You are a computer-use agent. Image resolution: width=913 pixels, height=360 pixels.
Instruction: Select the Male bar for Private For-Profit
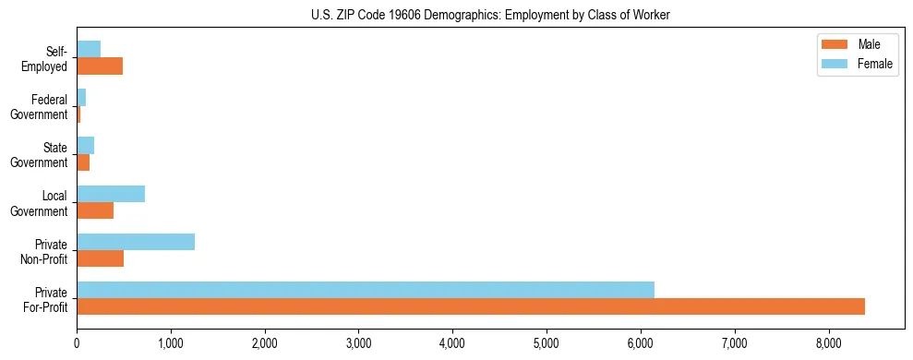click(x=471, y=306)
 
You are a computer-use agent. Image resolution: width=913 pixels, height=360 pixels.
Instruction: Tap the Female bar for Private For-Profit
click(x=366, y=289)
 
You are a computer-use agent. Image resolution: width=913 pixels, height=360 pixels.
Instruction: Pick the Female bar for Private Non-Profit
click(x=136, y=242)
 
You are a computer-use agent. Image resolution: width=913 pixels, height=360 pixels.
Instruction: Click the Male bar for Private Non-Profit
click(x=100, y=258)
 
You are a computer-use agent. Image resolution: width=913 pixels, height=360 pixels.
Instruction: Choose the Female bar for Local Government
click(x=111, y=194)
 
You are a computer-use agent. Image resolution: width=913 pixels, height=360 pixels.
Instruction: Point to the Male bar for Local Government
click(x=95, y=210)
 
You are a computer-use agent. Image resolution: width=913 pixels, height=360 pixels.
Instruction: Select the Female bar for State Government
click(x=85, y=146)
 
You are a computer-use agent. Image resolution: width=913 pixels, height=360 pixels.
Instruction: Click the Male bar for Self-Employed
click(x=100, y=66)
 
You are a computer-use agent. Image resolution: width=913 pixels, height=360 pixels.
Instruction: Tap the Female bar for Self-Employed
click(x=89, y=49)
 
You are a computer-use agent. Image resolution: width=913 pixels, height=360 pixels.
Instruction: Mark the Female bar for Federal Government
click(x=81, y=97)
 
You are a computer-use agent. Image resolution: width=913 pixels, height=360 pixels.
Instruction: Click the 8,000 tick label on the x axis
click(x=828, y=343)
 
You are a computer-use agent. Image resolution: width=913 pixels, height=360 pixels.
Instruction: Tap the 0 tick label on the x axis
click(x=77, y=343)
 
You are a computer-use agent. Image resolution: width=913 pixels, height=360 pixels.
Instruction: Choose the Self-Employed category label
click(x=46, y=58)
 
